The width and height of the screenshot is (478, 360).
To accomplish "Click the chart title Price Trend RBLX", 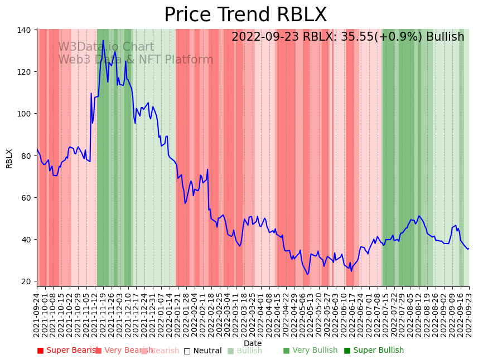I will [x=245, y=15].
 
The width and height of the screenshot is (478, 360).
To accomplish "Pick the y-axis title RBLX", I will [x=9, y=158].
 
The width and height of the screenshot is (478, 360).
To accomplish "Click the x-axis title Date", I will [x=252, y=343].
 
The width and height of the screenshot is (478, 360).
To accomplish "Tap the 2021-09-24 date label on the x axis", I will [x=37, y=315].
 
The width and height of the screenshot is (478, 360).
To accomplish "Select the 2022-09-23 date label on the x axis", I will [x=469, y=315].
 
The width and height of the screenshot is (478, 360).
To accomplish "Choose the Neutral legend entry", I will [x=202, y=351].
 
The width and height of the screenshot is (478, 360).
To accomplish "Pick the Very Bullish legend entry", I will [x=310, y=351].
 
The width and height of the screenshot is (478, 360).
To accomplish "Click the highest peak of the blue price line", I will [x=103, y=40].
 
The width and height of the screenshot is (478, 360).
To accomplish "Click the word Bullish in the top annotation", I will [x=445, y=37].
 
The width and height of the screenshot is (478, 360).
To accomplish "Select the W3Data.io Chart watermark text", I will [x=106, y=47].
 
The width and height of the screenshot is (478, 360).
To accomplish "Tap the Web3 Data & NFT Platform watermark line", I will [x=136, y=60].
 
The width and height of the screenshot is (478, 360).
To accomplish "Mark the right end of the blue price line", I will [x=469, y=249].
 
